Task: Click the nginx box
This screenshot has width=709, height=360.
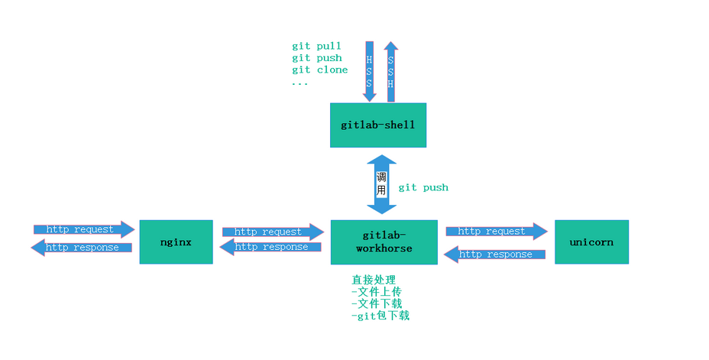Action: pyautogui.click(x=176, y=242)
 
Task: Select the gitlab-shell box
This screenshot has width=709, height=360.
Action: pyautogui.click(x=378, y=125)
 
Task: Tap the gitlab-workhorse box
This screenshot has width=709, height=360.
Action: pyautogui.click(x=384, y=242)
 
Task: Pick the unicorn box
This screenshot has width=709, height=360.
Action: pyautogui.click(x=591, y=242)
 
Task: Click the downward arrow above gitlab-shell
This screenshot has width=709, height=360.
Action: pyautogui.click(x=370, y=71)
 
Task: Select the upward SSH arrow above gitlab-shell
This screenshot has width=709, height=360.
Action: pyautogui.click(x=390, y=71)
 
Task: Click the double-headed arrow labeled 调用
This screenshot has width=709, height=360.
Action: pyautogui.click(x=382, y=184)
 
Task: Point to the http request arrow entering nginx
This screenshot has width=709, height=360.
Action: pyautogui.click(x=84, y=229)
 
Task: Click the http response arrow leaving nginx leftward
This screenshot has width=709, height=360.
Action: pyautogui.click(x=82, y=248)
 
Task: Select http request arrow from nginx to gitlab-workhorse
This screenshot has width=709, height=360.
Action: pyautogui.click(x=273, y=232)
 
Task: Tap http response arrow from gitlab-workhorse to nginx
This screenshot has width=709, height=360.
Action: pyautogui.click(x=270, y=247)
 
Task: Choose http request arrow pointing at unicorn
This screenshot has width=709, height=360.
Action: pyautogui.click(x=497, y=231)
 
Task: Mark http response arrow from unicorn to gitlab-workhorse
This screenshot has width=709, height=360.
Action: pyautogui.click(x=494, y=255)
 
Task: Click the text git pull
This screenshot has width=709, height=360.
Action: pyautogui.click(x=316, y=46)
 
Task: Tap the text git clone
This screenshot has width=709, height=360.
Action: pyautogui.click(x=319, y=70)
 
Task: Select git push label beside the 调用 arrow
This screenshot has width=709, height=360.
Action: pyautogui.click(x=423, y=187)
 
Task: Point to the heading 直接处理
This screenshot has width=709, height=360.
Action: pyautogui.click(x=374, y=280)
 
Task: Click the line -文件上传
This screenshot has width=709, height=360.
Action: pyautogui.click(x=376, y=292)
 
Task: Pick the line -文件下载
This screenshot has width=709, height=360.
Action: pyautogui.click(x=376, y=303)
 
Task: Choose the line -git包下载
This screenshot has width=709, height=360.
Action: pyautogui.click(x=380, y=315)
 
